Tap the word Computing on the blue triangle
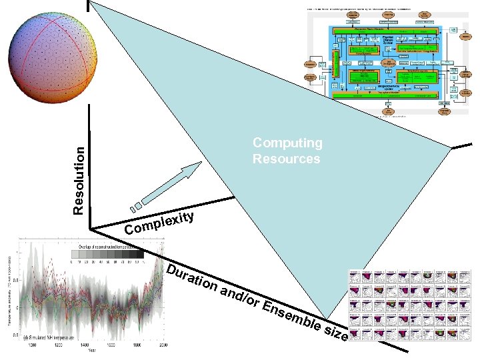tap(287, 143)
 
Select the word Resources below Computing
tap(286, 159)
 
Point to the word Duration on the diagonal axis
tap(191, 279)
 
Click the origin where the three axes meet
tap(91, 229)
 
